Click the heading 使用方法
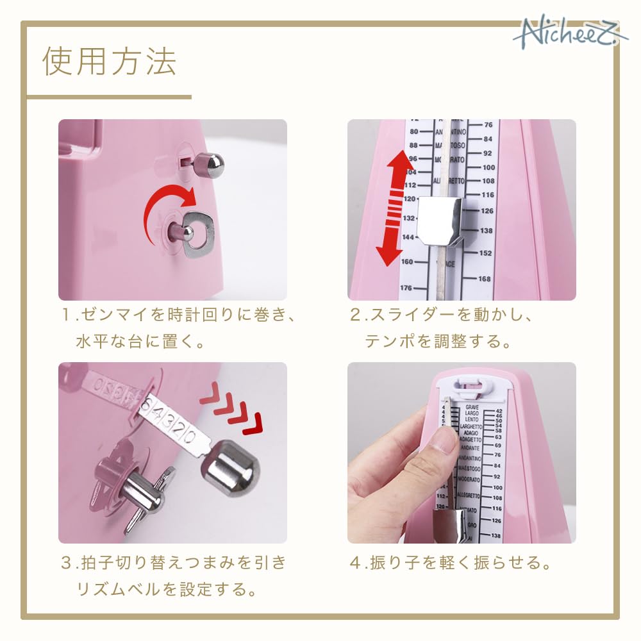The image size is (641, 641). [x=109, y=62]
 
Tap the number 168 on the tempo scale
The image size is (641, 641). [x=484, y=279]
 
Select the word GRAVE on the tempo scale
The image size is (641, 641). [x=472, y=407]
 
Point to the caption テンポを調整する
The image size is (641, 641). [x=438, y=342]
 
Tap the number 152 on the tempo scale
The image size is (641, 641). [x=484, y=253]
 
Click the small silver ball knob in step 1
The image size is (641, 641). [x=213, y=165]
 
